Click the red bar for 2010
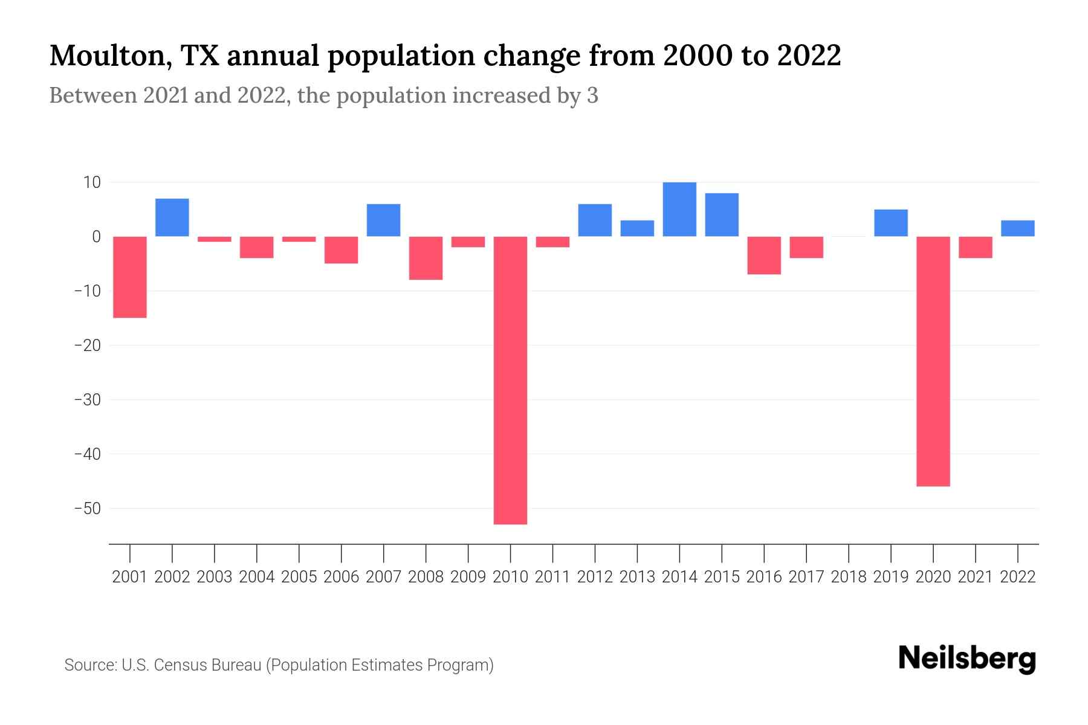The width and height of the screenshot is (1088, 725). click(x=510, y=380)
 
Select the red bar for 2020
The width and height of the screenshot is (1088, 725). click(x=933, y=361)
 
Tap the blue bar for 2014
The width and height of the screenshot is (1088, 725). click(x=679, y=209)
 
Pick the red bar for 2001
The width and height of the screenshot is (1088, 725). click(x=130, y=277)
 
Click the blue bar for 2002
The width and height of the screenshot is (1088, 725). click(x=172, y=217)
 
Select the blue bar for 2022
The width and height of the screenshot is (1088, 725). click(x=1017, y=228)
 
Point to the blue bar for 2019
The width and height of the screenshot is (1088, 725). click(x=890, y=223)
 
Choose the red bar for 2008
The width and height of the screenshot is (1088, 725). click(x=426, y=258)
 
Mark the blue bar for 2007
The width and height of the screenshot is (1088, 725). click(x=383, y=220)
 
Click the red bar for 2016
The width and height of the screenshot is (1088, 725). click(x=764, y=255)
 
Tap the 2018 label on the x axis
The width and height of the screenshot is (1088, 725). click(x=848, y=577)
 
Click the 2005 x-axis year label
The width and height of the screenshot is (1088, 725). click(x=299, y=577)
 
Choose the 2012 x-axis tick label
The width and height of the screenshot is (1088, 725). click(x=595, y=577)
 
